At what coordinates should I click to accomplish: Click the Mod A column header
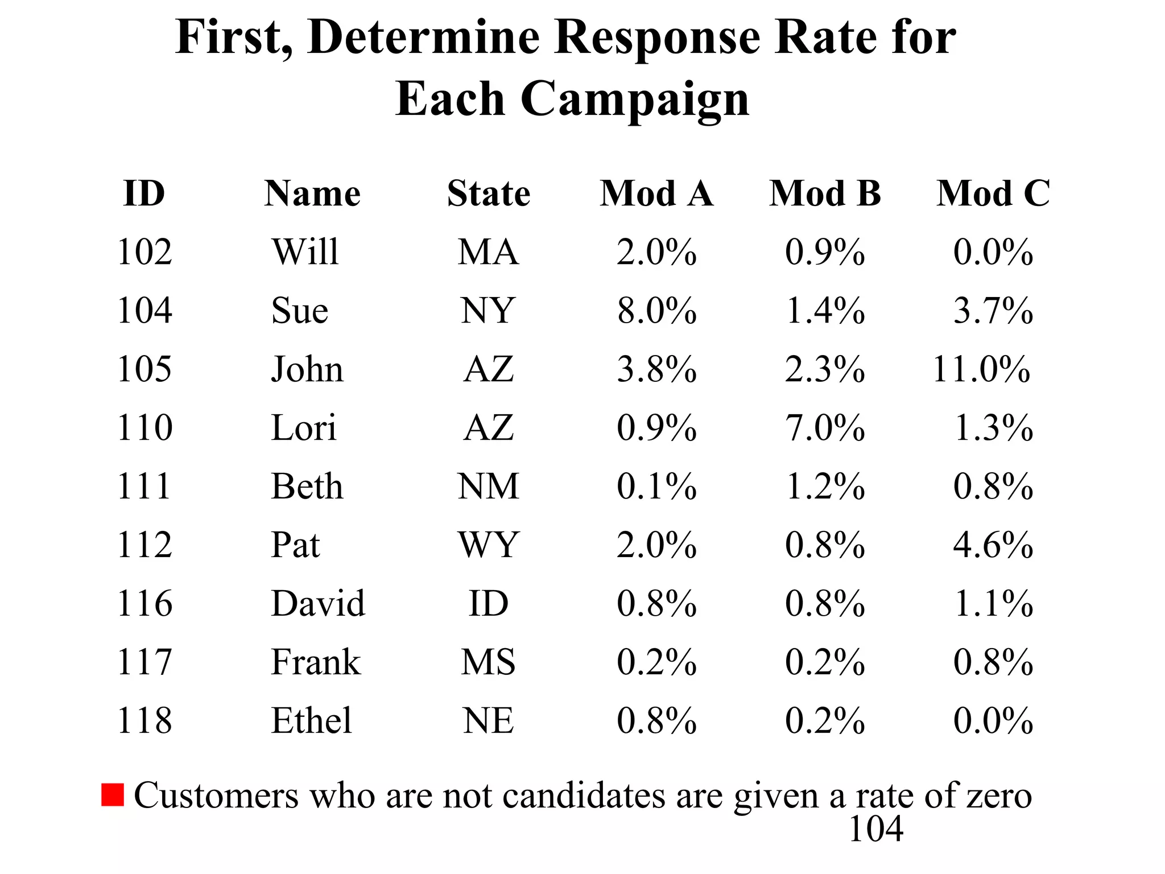click(656, 193)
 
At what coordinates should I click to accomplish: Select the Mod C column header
click(993, 193)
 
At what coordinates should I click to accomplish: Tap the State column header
click(488, 193)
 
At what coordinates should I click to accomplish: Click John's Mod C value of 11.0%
click(981, 369)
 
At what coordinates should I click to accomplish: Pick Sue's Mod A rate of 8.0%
click(656, 311)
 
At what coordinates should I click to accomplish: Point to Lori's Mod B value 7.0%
click(825, 428)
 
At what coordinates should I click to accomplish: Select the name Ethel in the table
click(311, 720)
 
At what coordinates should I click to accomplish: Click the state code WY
click(488, 545)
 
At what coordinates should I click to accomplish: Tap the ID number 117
click(144, 662)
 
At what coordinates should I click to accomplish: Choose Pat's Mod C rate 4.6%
click(993, 545)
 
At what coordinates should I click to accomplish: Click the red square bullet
click(112, 795)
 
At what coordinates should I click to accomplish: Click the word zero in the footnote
click(999, 795)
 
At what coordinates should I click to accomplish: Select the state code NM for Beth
click(488, 487)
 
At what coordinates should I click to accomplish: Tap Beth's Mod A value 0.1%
click(656, 487)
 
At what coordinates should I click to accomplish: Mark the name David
click(318, 603)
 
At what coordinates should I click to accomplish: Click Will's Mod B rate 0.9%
click(825, 252)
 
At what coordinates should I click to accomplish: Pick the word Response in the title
click(657, 38)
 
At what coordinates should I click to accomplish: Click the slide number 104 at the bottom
click(875, 829)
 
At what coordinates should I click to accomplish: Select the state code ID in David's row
click(488, 603)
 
